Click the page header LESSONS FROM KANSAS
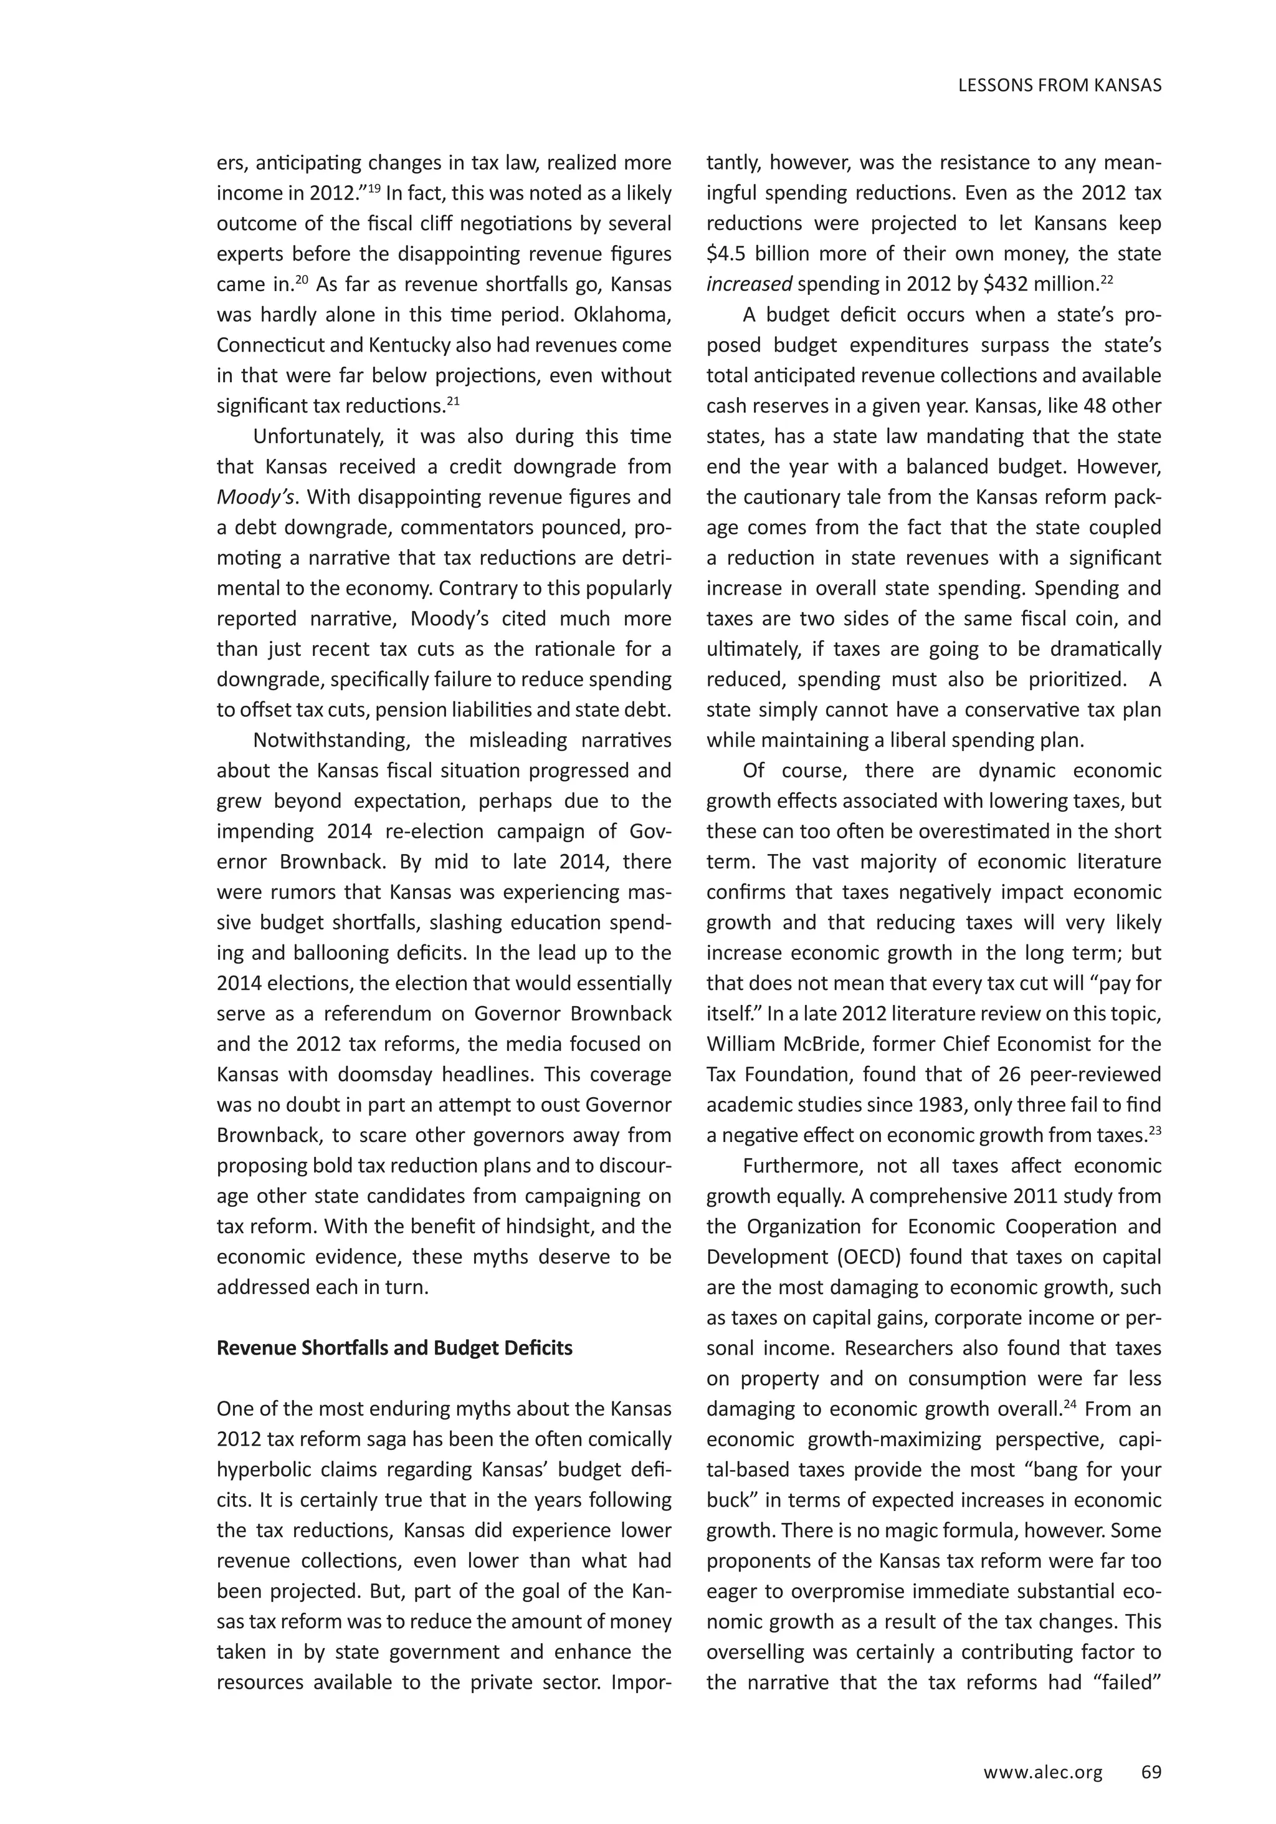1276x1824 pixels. (1059, 86)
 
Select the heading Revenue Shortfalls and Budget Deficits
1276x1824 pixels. (394, 1348)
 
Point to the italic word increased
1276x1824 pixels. (749, 284)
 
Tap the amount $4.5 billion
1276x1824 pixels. (755, 254)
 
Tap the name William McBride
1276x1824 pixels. (778, 1045)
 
